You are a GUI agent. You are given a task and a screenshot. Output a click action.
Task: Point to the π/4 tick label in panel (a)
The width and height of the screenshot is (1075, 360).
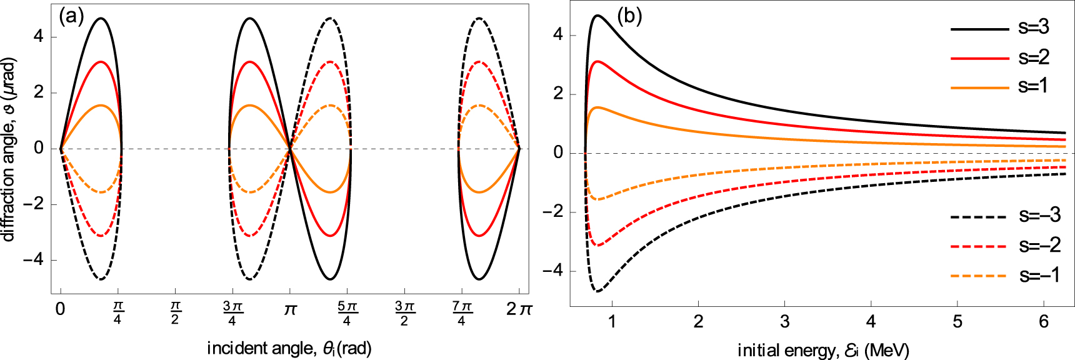pos(117,312)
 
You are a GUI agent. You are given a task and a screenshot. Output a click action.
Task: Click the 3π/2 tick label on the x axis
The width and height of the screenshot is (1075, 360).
pos(404,313)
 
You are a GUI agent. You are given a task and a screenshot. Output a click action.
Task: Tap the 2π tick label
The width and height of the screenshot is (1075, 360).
pos(519,309)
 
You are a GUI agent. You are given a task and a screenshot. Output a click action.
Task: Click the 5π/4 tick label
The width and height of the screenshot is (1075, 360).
pos(347,313)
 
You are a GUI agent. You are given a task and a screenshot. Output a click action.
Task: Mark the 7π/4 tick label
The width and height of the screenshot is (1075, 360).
pos(461,313)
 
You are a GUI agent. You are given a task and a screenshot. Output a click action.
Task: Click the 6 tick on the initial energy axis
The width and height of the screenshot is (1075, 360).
pos(1043,322)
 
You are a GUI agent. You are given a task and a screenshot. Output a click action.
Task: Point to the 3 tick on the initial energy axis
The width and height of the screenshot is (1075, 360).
pos(784,322)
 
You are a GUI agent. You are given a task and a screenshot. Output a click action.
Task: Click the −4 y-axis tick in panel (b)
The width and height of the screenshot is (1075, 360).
pos(552,271)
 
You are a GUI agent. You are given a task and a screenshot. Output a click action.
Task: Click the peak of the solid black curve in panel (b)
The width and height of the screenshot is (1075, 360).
pos(597,16)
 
